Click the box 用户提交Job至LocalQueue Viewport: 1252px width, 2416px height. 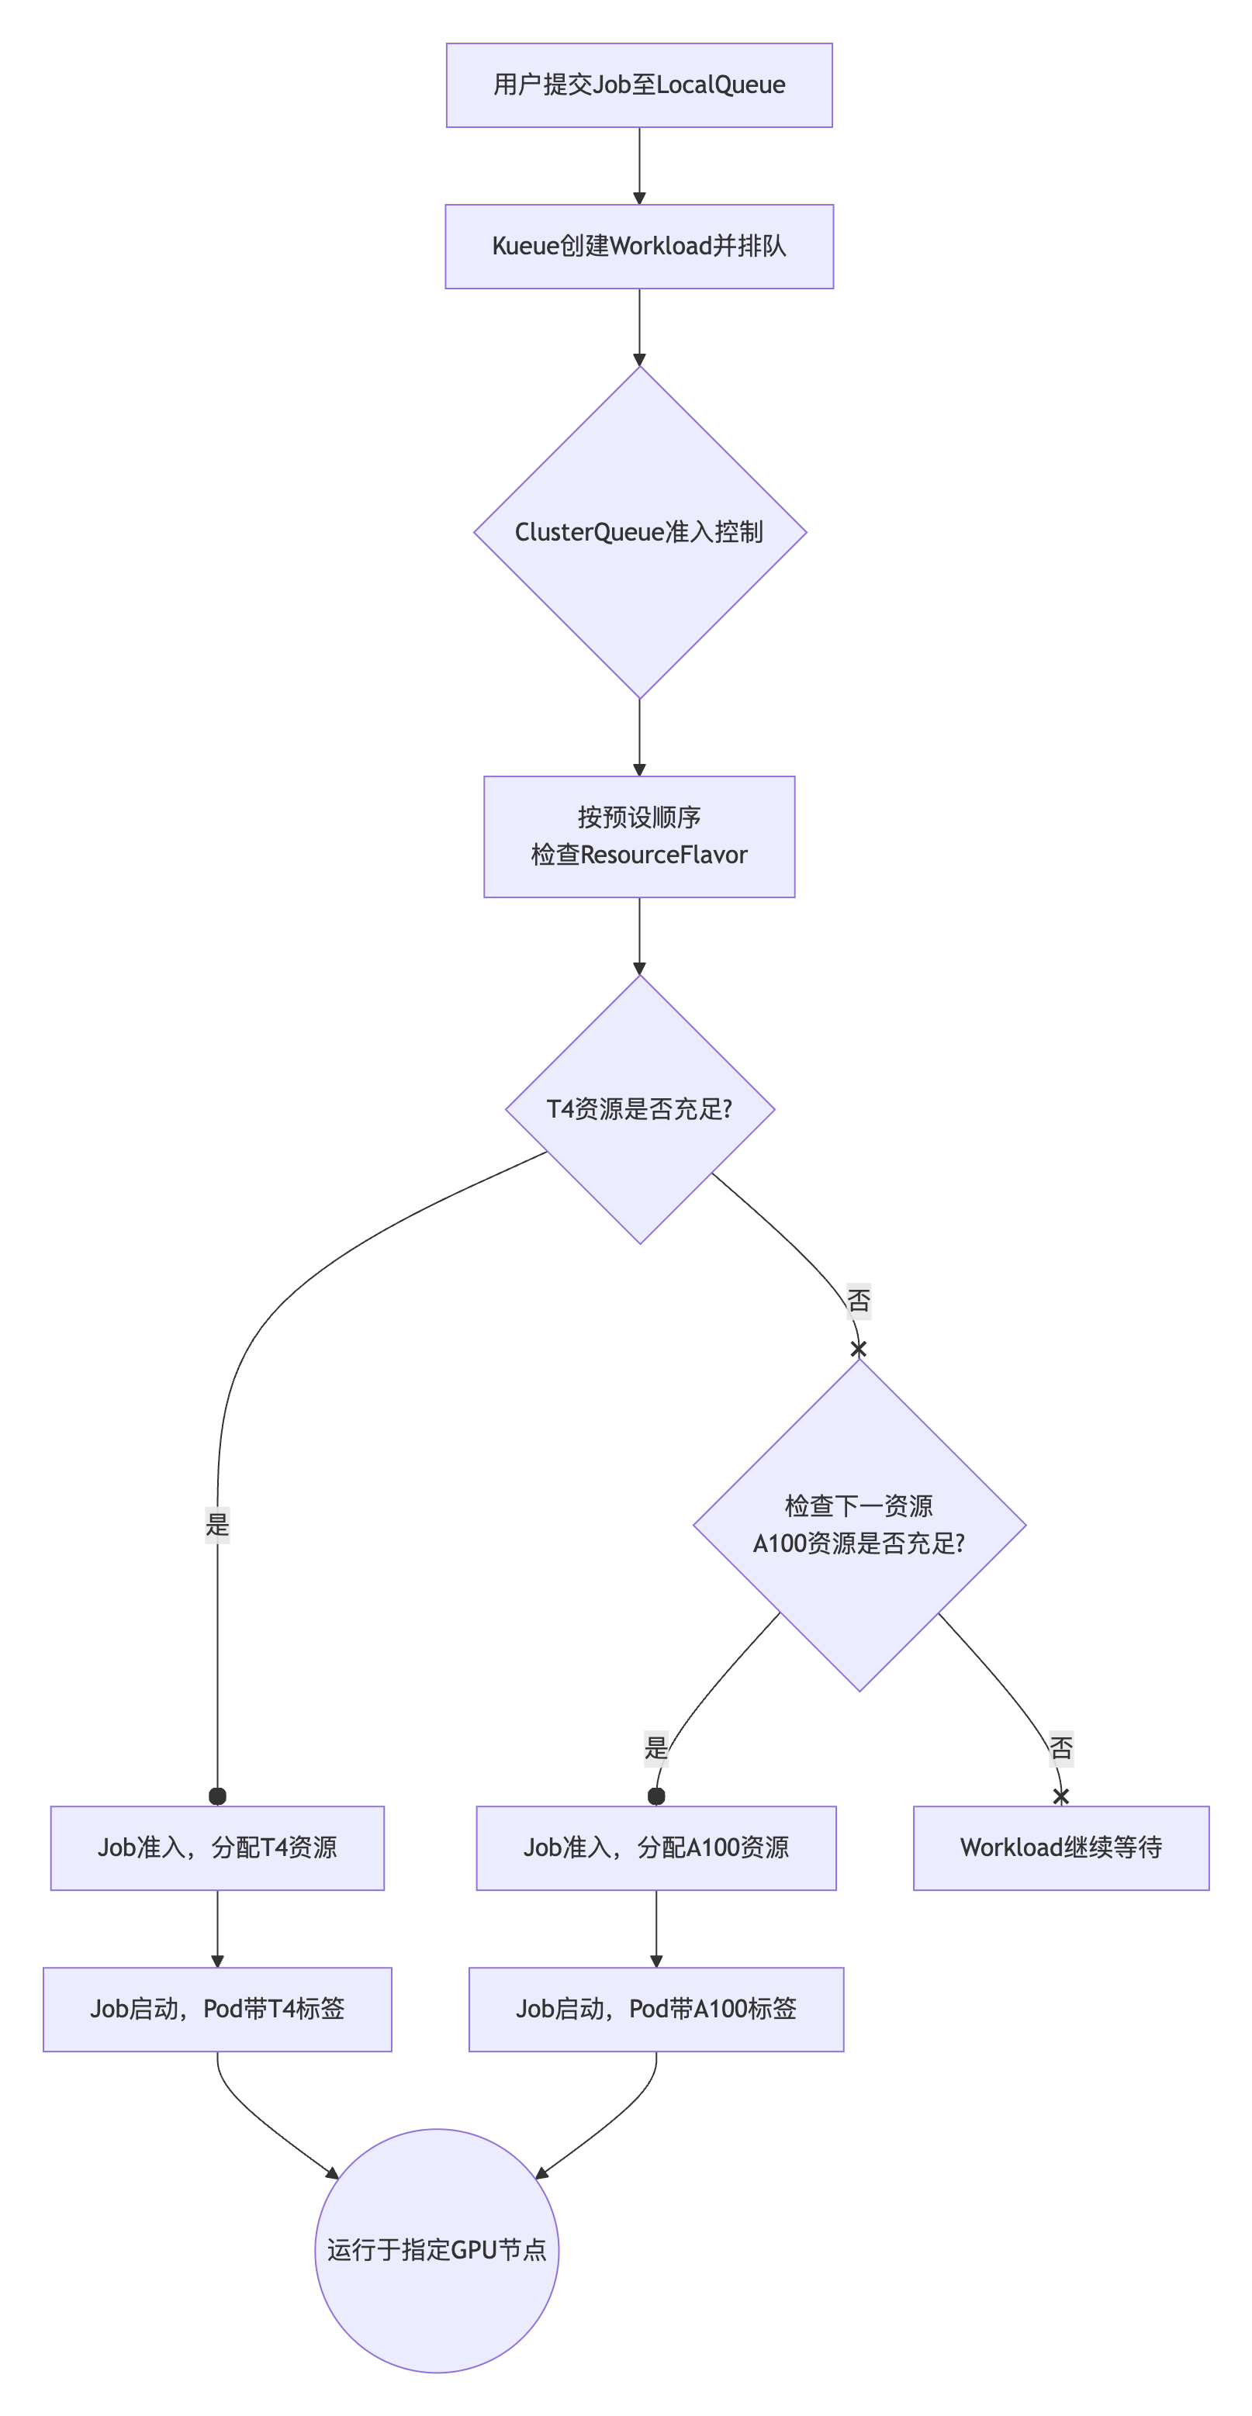(638, 85)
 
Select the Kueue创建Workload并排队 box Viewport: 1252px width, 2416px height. (638, 247)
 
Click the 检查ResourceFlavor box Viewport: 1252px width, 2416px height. (638, 837)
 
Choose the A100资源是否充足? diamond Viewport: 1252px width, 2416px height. (859, 1525)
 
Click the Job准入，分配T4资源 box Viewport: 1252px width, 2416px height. (217, 1847)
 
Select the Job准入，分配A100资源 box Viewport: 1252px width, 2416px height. (655, 1847)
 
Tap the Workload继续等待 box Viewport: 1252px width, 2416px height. (1060, 1847)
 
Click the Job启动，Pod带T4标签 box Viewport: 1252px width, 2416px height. (217, 2009)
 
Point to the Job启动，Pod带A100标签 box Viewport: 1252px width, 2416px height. (655, 2009)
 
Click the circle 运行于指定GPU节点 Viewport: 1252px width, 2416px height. (437, 2250)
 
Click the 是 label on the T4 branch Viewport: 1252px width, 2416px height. (217, 1524)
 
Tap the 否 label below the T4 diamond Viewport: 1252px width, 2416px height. (858, 1301)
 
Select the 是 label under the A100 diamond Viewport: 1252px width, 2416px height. (656, 1748)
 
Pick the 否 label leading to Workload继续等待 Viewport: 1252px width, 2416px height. (1060, 1748)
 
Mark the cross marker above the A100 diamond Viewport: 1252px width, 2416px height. (858, 1349)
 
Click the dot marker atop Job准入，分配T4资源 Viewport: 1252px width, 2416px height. (217, 1796)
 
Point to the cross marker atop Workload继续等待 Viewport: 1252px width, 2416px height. (1060, 1796)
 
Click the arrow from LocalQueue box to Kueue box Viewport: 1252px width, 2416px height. (638, 166)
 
